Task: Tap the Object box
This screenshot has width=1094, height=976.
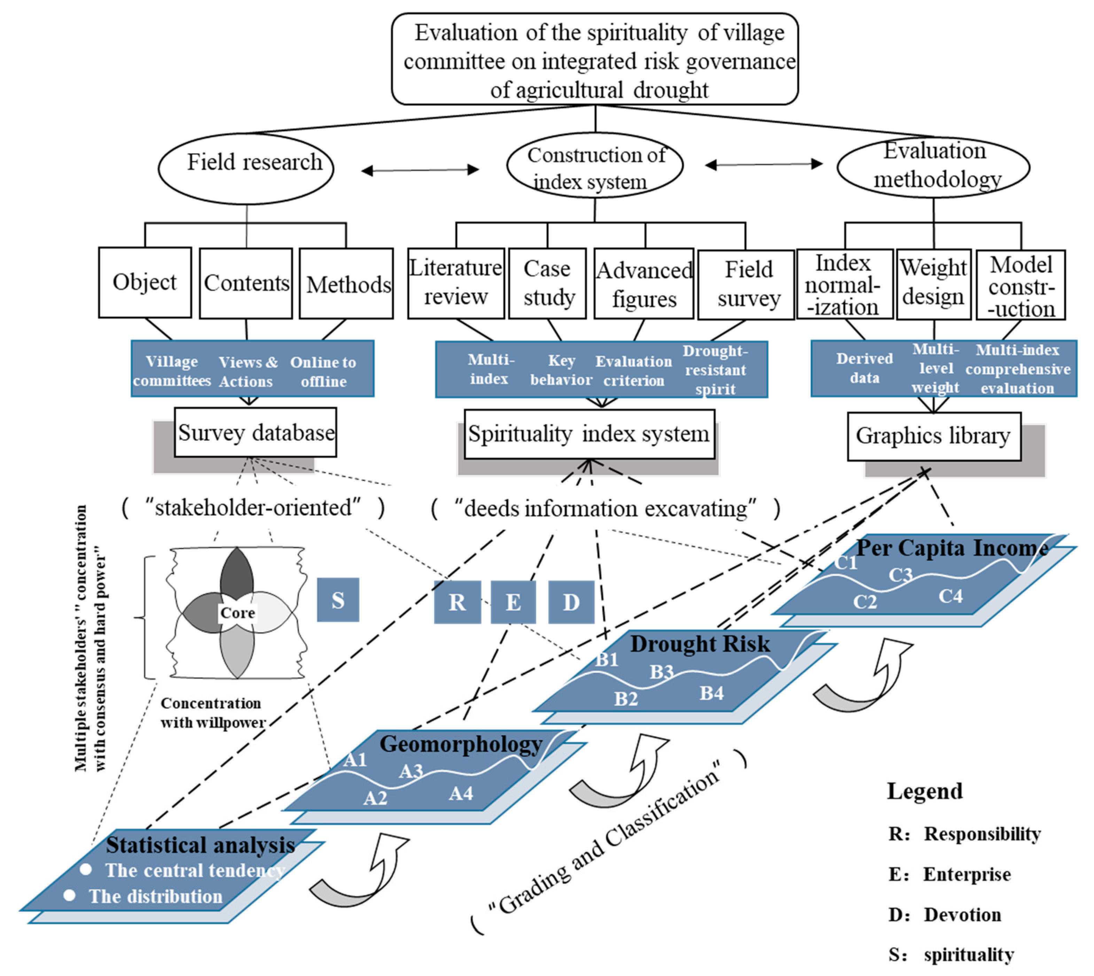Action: [x=145, y=282]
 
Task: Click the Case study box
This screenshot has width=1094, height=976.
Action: [x=547, y=283]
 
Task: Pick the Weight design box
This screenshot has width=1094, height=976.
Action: [x=934, y=284]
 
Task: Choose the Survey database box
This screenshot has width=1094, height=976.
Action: [x=256, y=433]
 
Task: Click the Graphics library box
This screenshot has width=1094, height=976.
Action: [x=934, y=436]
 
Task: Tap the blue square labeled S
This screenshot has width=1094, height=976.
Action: [x=338, y=599]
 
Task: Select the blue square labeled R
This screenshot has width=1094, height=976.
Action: [x=457, y=602]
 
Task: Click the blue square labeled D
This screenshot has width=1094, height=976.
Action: [x=571, y=602]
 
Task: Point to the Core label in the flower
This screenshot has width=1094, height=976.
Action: [x=237, y=612]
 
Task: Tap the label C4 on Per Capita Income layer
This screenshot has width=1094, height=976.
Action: [x=950, y=596]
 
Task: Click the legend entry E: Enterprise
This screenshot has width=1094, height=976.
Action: [x=949, y=874]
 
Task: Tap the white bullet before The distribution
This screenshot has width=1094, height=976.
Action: [x=69, y=895]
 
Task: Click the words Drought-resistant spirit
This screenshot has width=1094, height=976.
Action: [x=715, y=370]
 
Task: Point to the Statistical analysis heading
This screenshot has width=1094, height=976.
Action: [x=200, y=845]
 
